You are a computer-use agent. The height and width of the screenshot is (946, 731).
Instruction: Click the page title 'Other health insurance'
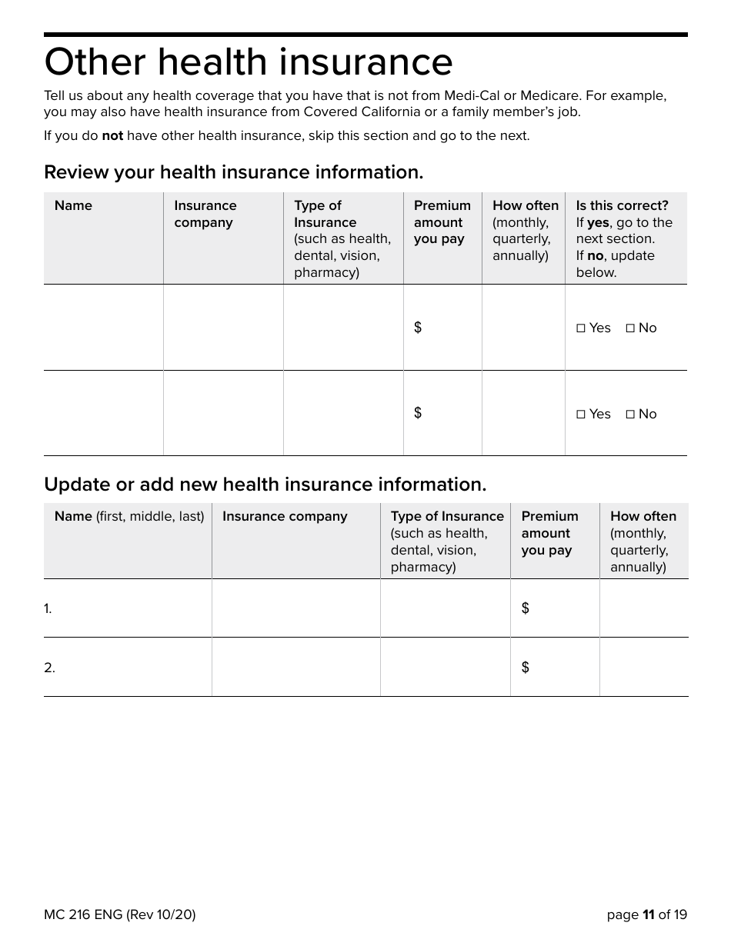tap(248, 63)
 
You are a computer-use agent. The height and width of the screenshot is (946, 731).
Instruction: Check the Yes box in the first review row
tap(581, 328)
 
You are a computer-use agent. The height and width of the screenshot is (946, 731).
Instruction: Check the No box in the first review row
tap(630, 328)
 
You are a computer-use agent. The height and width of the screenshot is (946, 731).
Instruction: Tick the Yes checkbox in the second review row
tap(581, 415)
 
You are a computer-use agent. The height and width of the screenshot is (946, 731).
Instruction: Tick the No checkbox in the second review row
tap(630, 415)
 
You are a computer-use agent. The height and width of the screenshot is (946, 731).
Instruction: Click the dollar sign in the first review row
tap(418, 328)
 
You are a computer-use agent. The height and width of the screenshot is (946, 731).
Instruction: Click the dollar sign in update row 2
tap(526, 668)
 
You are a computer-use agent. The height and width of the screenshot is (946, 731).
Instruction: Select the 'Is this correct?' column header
tap(622, 205)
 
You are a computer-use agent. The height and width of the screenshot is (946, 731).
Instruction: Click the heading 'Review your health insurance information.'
tap(233, 172)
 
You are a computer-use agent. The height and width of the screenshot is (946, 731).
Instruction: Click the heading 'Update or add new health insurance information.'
tap(265, 485)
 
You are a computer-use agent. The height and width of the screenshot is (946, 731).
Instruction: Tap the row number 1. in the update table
tap(48, 609)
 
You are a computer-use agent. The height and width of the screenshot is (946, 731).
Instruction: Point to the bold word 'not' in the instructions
tap(112, 136)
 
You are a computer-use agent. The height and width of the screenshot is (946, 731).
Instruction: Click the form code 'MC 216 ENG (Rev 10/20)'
tap(119, 914)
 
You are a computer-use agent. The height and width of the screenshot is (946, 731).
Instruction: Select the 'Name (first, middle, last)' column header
tap(129, 517)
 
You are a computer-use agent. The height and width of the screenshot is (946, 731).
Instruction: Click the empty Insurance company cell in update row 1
tap(295, 608)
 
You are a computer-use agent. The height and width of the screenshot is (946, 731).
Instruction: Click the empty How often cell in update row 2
tap(643, 668)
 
